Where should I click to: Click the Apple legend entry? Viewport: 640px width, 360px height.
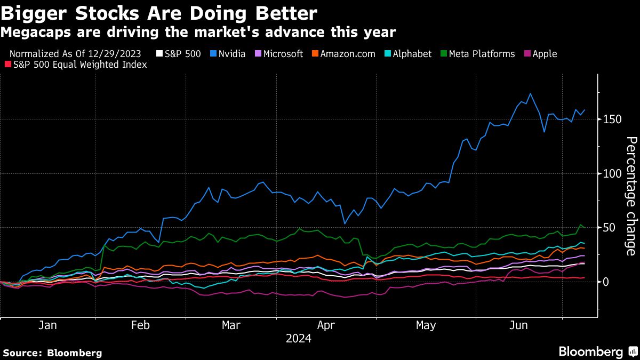click(x=540, y=54)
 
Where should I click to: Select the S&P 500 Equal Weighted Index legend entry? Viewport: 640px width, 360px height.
click(x=76, y=65)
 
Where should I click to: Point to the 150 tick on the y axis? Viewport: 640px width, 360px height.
click(x=610, y=119)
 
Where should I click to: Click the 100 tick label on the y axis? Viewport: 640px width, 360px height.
click(x=610, y=174)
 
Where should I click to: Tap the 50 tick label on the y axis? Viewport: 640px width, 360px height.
click(x=607, y=228)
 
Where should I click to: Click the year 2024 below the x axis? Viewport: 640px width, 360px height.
click(x=299, y=339)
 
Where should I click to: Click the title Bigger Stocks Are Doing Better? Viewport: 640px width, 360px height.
click(x=159, y=13)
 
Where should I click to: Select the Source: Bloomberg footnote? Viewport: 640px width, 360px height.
click(x=52, y=353)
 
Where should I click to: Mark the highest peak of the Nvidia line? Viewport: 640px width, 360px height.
click(x=530, y=94)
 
